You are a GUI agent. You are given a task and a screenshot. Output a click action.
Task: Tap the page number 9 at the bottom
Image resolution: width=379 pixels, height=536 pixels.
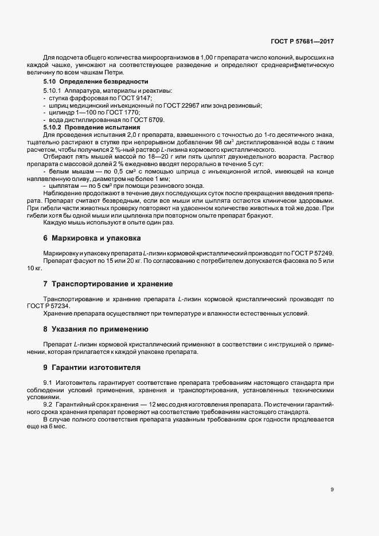[332, 490]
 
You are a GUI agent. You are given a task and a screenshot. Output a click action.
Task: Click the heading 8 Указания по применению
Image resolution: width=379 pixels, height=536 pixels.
[96, 329]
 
